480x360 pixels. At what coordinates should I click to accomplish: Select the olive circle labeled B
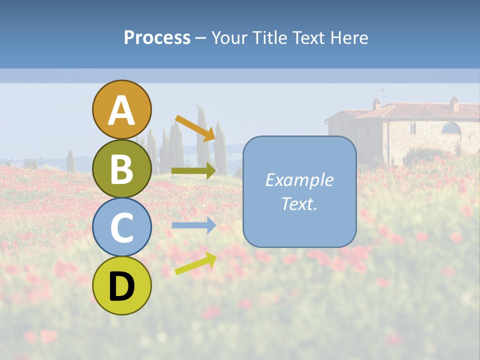121,168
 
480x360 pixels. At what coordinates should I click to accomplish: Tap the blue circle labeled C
121,227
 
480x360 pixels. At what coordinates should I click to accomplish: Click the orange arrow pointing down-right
195,127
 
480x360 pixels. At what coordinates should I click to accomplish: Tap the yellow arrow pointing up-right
195,263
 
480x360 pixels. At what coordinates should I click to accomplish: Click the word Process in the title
157,37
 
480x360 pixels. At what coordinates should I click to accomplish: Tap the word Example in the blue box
299,180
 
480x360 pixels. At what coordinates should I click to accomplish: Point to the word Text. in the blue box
299,203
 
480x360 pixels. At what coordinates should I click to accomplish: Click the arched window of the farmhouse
451,128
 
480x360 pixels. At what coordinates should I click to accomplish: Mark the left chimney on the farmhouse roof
376,104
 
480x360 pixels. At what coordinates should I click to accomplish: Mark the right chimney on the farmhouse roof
454,104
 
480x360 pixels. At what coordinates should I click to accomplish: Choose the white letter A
121,110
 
